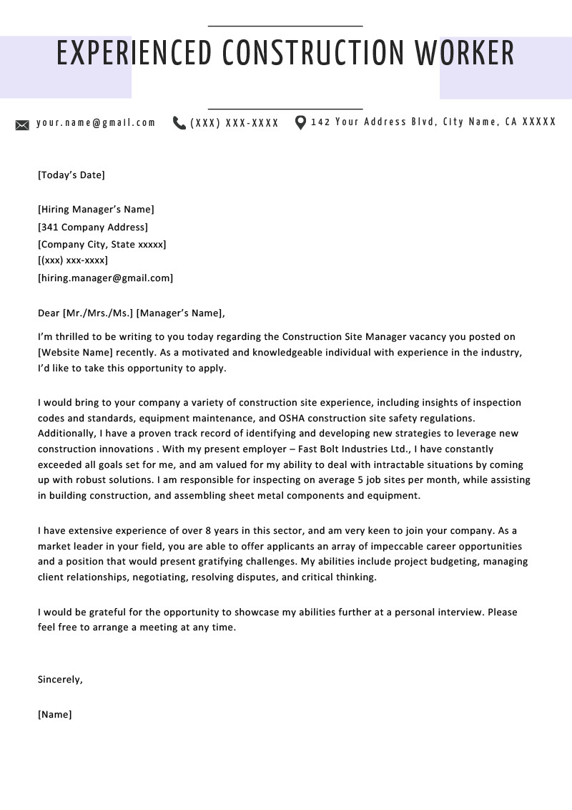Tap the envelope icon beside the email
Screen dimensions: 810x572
[x=22, y=125]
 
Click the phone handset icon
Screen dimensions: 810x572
[x=179, y=123]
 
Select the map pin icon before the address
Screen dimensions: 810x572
[x=300, y=122]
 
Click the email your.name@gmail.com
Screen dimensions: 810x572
[x=96, y=122]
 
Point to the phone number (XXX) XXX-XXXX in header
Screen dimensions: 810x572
[x=235, y=123]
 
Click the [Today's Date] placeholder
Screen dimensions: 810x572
[x=71, y=175]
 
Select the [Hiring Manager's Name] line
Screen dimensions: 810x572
[x=96, y=210]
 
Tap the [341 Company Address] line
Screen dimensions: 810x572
[x=93, y=227]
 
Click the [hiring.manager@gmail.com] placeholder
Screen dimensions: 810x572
[x=105, y=278]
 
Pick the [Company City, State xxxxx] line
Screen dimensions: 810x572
[x=102, y=244]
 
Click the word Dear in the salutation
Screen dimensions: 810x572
[x=49, y=313]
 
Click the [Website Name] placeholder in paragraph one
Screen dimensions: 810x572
[x=75, y=352]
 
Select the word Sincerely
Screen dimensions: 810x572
[x=60, y=680]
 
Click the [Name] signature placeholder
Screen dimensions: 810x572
[x=55, y=714]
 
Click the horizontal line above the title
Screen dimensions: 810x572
[x=285, y=26]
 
